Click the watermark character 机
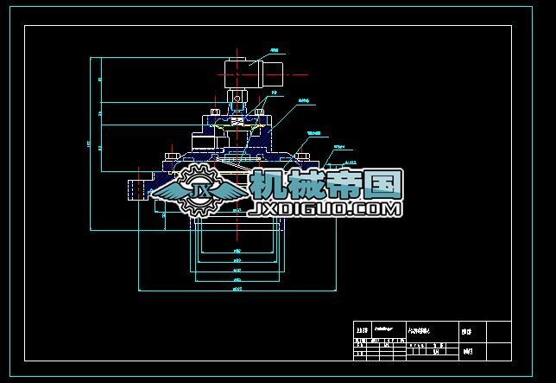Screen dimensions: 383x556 [x=269, y=184]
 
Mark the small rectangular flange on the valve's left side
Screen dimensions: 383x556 [x=135, y=189]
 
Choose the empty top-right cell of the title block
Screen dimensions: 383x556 [x=500, y=330]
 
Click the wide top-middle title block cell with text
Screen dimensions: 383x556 [x=431, y=330]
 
